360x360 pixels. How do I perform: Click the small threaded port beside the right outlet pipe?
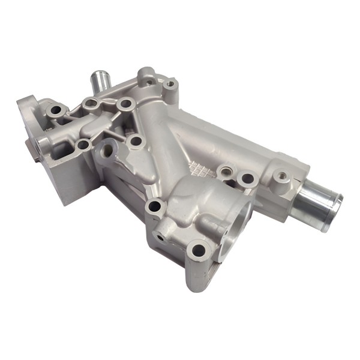tap(281, 176)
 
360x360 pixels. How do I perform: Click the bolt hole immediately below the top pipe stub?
tap(91, 104)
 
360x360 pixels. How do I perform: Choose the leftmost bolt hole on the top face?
tap(57, 110)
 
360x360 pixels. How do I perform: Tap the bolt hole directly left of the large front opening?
tap(155, 206)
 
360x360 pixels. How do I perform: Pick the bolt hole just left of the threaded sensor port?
tap(246, 179)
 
